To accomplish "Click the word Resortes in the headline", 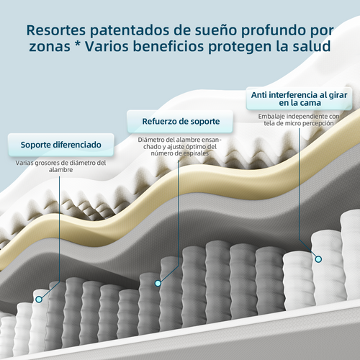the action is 56,30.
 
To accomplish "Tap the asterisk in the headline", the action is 77,45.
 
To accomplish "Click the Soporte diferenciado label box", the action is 61,145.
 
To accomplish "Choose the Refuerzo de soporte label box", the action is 180,121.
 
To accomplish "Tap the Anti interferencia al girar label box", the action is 299,99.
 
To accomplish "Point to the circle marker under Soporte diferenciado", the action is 39,300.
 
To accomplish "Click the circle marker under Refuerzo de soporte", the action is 158,283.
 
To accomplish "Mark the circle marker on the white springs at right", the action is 318,259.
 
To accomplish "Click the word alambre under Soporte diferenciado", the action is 61,170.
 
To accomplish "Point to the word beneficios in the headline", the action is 168,46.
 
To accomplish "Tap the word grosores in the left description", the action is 48,163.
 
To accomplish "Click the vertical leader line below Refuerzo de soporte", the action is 179,213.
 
